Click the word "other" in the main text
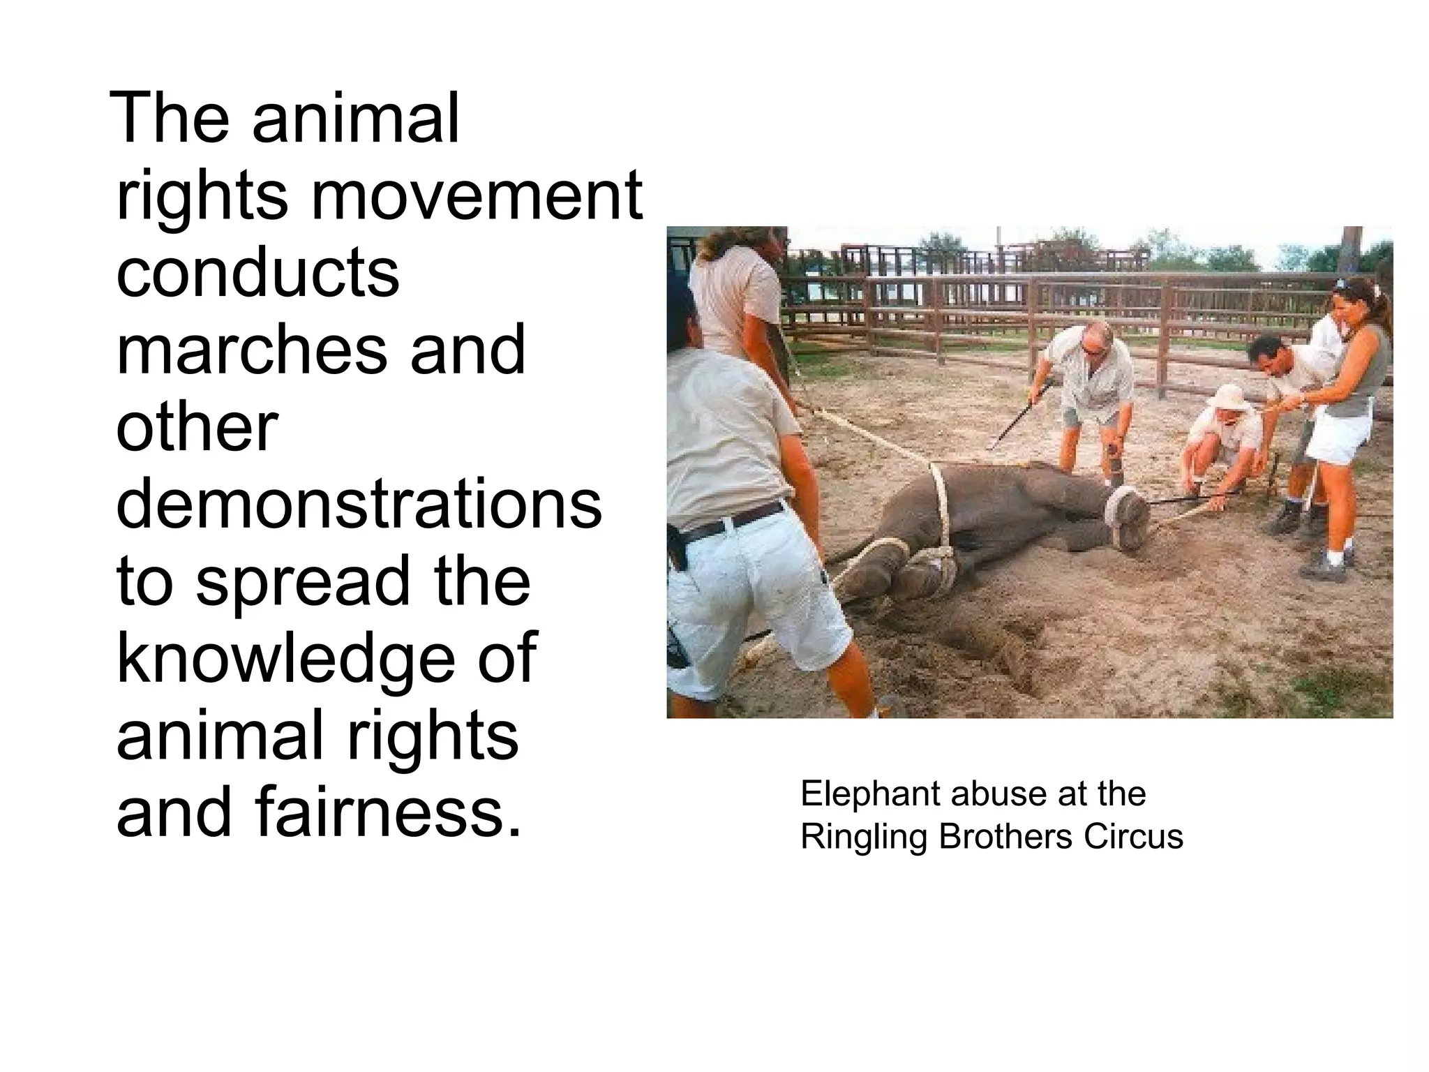(197, 427)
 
